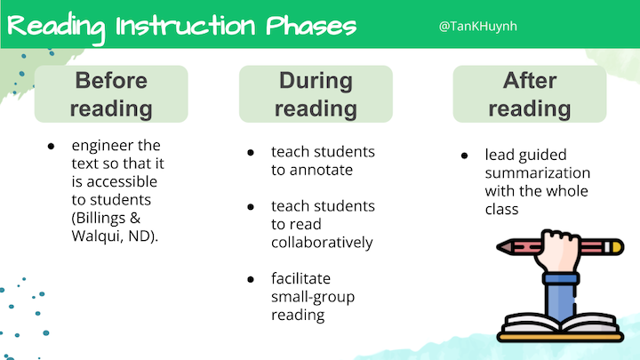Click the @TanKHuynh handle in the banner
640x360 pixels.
[478, 27]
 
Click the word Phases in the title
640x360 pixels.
[311, 26]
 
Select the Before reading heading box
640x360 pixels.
[111, 94]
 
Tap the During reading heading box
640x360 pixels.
[316, 94]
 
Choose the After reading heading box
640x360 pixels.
[530, 94]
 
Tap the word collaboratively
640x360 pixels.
[322, 243]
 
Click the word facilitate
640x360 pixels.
[300, 278]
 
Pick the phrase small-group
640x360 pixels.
[313, 297]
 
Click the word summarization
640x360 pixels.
[538, 173]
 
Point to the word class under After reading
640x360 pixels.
[501, 210]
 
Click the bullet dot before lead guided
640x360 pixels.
[464, 156]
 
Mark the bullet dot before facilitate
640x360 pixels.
[251, 280]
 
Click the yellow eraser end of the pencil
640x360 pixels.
[617, 247]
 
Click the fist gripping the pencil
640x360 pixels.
[558, 250]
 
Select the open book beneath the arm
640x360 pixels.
[560, 327]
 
